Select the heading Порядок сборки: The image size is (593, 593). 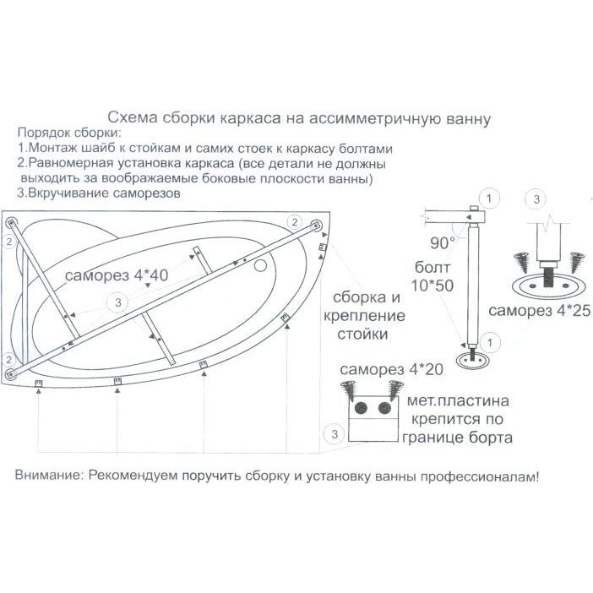tap(68, 133)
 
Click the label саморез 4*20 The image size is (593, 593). tap(382, 372)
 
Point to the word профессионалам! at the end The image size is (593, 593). tap(483, 476)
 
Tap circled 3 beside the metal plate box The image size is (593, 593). tap(335, 434)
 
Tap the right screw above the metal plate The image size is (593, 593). tap(392, 390)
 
